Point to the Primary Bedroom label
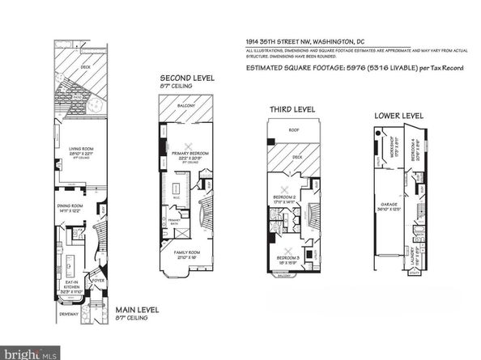(192, 155)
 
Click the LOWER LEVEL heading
(398, 116)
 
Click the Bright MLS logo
(31, 353)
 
